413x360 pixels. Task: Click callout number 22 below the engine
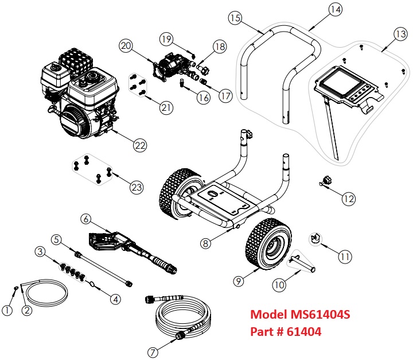140,145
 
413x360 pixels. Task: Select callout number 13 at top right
399,34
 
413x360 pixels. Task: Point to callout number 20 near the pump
126,45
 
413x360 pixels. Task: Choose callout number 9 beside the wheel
238,281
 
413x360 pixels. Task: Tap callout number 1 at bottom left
7,311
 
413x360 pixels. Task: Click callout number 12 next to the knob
349,199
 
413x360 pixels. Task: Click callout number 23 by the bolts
137,187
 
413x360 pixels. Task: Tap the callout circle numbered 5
56,239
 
